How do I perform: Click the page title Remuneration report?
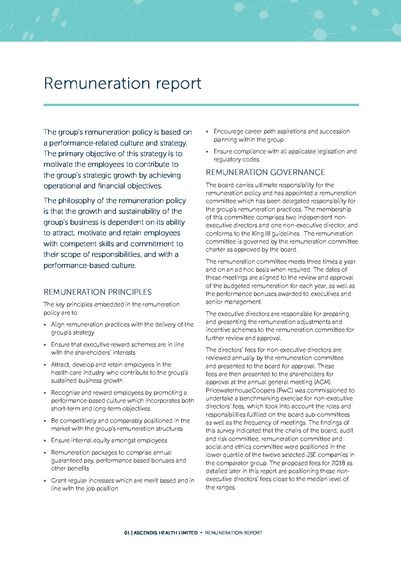[x=122, y=84]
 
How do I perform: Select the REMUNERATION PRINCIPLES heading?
[x=97, y=292]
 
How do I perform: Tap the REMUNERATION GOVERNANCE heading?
[x=265, y=172]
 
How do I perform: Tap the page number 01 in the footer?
[x=127, y=533]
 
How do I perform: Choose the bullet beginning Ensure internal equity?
[x=109, y=440]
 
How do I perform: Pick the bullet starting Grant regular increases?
[x=122, y=484]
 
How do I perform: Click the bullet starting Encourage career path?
[x=281, y=136]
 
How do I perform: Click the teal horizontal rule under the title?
[x=201, y=105]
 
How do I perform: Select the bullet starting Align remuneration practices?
[x=122, y=328]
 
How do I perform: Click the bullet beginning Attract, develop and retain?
[x=119, y=373]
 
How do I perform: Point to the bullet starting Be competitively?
[x=120, y=425]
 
